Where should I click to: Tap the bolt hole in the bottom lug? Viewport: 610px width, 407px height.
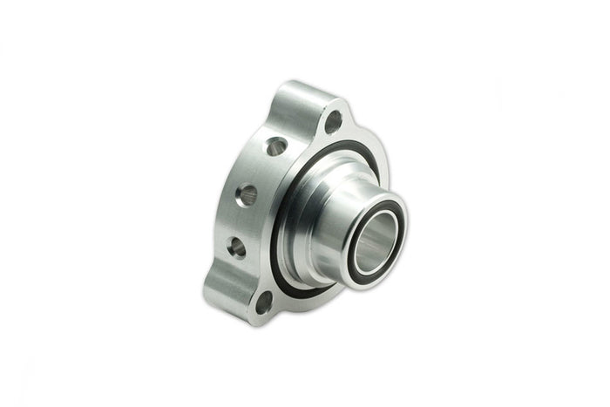pos(262,302)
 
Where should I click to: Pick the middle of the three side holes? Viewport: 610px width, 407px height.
pos(247,195)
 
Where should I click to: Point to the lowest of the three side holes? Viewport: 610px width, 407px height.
pos(236,248)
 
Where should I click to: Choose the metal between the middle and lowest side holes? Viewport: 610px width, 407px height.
pos(241,222)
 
